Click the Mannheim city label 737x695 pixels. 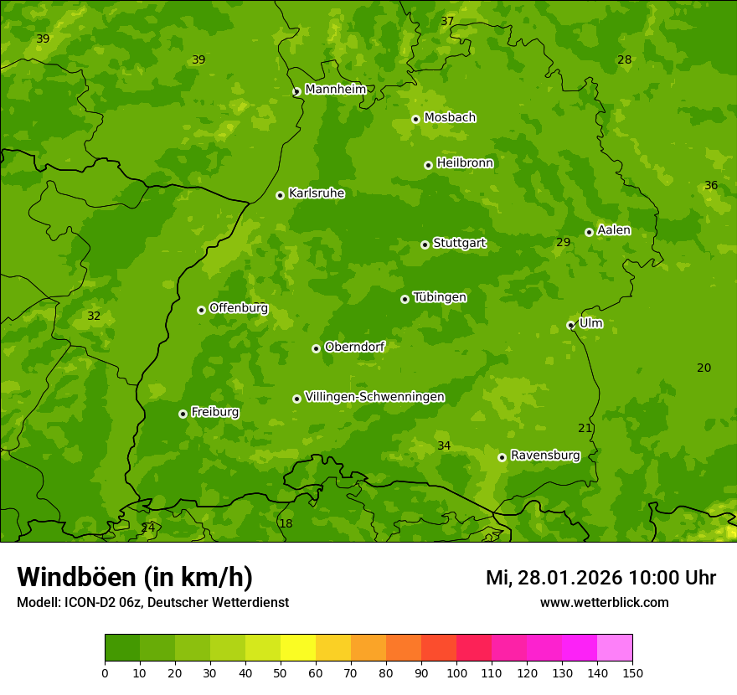tap(335, 89)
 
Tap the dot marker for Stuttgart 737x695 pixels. tap(425, 245)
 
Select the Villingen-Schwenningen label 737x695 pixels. tap(374, 397)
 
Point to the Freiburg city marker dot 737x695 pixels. tap(183, 414)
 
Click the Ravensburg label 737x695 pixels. tap(544, 456)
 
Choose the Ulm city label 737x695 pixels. tap(590, 323)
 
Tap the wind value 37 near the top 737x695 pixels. tap(447, 21)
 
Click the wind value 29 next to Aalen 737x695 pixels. tap(564, 242)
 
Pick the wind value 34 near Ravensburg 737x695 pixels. tap(444, 445)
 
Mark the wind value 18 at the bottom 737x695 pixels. tap(286, 523)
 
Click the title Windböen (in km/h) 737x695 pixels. tap(134, 577)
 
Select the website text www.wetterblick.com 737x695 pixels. tap(604, 602)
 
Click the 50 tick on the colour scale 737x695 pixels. tap(281, 672)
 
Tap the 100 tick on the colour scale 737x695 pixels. tap(456, 672)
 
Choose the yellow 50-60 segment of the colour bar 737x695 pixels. tap(298, 648)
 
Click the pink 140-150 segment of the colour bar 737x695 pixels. tap(615, 648)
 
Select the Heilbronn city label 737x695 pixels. tap(465, 162)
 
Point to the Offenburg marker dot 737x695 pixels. tap(201, 310)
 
